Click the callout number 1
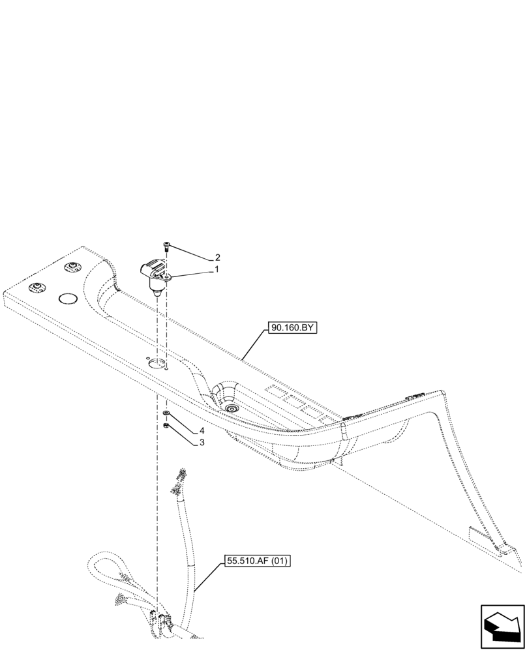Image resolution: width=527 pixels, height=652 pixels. pyautogui.click(x=217, y=269)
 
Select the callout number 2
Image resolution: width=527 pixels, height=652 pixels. pyautogui.click(x=217, y=257)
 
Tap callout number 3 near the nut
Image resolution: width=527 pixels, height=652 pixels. pyautogui.click(x=202, y=442)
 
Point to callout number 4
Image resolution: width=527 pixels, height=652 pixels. pyautogui.click(x=202, y=431)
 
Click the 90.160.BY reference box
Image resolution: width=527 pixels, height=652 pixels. pyautogui.click(x=291, y=329)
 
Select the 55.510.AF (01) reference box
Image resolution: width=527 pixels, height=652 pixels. pyautogui.click(x=258, y=560)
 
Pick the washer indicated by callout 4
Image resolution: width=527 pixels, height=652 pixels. pyautogui.click(x=166, y=414)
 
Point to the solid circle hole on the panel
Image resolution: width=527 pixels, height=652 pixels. pyautogui.click(x=69, y=299)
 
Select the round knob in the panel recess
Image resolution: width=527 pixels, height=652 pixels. pyautogui.click(x=230, y=407)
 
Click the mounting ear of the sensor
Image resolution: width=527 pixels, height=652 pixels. pyautogui.click(x=168, y=278)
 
